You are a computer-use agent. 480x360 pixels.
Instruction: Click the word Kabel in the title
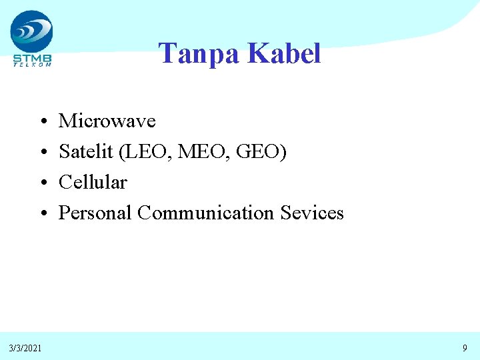284,53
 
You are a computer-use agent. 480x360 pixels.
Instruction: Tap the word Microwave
107,121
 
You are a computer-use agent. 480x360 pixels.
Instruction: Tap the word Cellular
93,182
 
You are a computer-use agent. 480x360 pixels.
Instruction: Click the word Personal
95,213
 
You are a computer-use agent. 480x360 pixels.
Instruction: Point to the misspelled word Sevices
312,213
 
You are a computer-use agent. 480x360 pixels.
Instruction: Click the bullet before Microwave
41,122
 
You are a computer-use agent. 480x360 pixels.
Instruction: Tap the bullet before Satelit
41,153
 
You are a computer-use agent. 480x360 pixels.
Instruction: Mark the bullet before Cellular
41,183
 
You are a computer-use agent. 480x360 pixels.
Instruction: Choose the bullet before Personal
41,213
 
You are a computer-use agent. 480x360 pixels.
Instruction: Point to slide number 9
465,347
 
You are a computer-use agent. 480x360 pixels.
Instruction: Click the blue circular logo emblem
31,31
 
